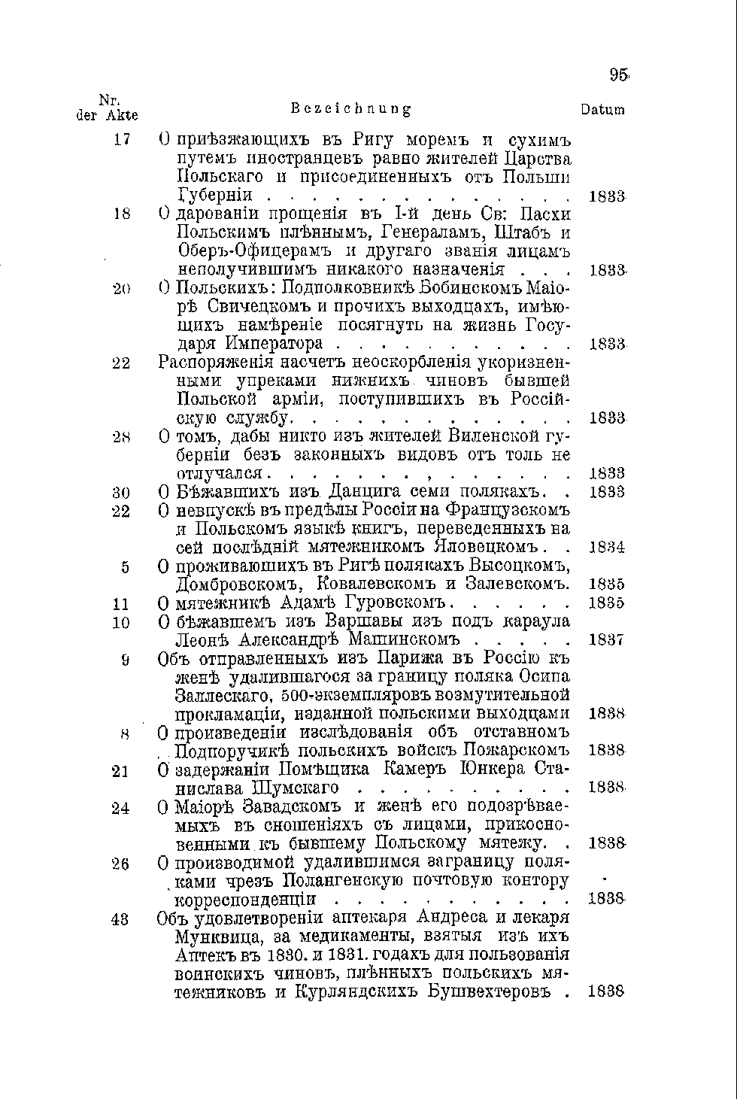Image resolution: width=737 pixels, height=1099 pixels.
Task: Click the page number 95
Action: click(x=619, y=74)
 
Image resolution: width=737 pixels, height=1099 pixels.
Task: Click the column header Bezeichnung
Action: click(x=351, y=109)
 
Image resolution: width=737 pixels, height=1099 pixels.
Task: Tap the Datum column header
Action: click(x=602, y=110)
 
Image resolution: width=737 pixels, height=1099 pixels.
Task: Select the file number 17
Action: click(x=123, y=140)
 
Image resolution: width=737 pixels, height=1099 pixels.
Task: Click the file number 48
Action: click(x=120, y=918)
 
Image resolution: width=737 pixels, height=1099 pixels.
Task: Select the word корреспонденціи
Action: click(x=246, y=900)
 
